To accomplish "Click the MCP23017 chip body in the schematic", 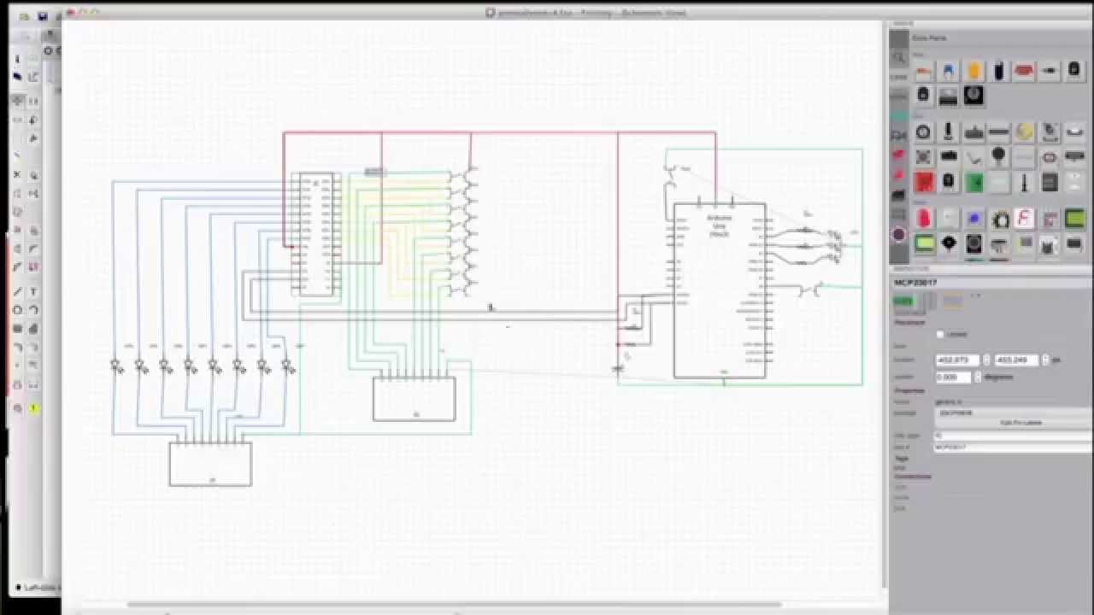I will point(315,235).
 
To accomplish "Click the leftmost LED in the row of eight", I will point(116,366).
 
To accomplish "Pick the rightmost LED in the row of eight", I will point(289,366).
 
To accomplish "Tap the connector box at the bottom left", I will point(210,464).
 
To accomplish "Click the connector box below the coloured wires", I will point(414,399).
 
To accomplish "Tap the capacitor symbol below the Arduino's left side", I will point(618,368).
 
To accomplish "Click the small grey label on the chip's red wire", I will point(374,172).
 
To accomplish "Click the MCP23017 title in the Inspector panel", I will point(915,282).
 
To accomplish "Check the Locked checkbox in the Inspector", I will point(940,334).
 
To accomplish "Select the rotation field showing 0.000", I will point(952,377).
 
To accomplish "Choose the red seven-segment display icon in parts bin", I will point(923,182).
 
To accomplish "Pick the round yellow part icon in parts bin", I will point(1023,132).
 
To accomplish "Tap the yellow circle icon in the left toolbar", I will point(34,408).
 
